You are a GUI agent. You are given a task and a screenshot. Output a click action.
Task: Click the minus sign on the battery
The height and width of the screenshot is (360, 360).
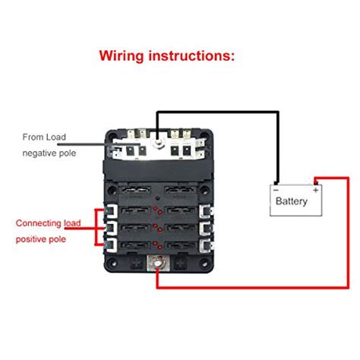(276, 185)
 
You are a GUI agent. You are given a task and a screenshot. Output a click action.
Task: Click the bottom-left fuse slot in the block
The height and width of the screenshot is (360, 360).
(135, 245)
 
